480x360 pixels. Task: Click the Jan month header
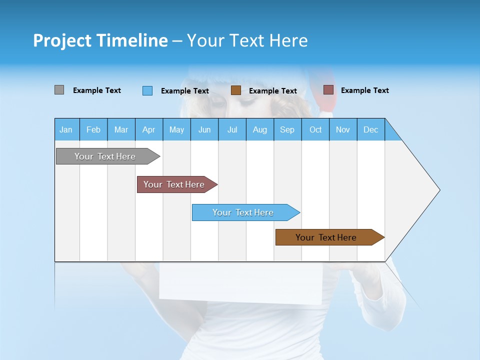66,129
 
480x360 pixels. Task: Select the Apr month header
148,129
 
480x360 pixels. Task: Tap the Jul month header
232,129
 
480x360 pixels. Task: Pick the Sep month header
287,129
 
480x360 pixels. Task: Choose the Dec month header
370,129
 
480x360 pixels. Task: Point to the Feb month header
93,129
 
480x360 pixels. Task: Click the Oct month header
315,129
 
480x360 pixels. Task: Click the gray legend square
59,90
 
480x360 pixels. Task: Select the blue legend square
147,90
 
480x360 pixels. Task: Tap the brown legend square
236,90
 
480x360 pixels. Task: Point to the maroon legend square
328,90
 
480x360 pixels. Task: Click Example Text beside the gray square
97,90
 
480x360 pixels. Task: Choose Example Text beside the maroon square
365,90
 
